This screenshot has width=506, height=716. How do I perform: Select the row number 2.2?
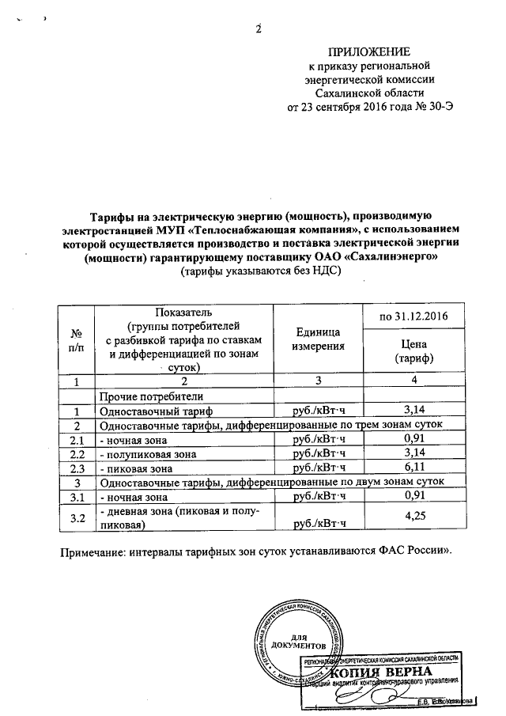77,453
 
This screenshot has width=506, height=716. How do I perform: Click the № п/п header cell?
77,339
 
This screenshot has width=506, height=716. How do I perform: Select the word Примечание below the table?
96,551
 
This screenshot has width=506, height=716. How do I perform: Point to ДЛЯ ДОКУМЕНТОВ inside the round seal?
298,641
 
